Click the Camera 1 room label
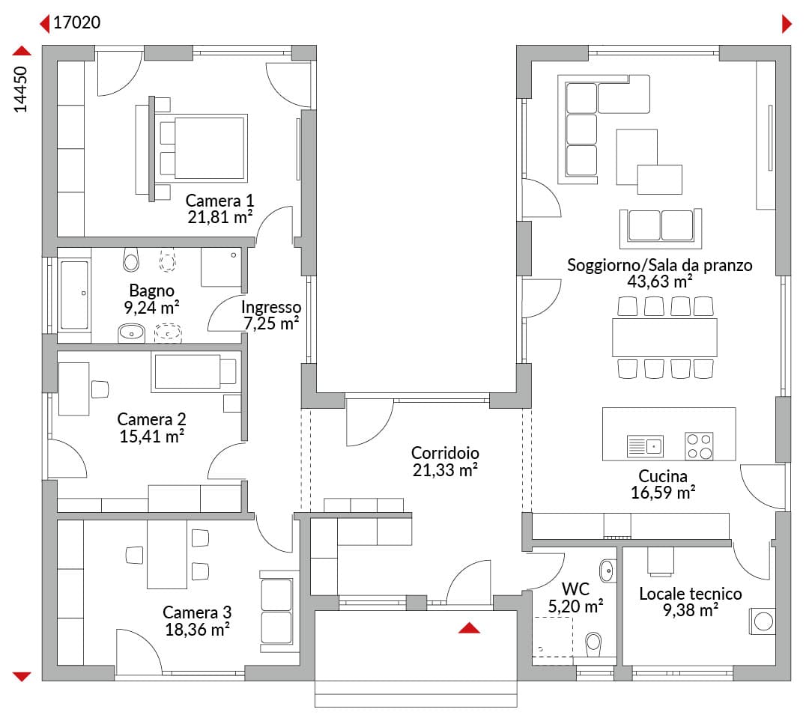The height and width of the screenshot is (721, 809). [219, 200]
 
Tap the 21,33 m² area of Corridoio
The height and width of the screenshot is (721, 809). [445, 470]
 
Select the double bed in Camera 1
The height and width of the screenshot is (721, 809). [203, 148]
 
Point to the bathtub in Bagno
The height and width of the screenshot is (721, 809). [74, 294]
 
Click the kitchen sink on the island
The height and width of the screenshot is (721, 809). [645, 445]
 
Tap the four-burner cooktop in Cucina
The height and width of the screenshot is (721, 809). [699, 446]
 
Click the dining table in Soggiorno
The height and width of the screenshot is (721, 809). [664, 338]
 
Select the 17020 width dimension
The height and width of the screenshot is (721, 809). [77, 22]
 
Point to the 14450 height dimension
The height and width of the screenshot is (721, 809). [20, 89]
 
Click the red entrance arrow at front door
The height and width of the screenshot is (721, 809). [469, 627]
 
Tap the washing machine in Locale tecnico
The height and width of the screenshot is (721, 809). [763, 621]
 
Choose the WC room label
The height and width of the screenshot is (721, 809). [575, 589]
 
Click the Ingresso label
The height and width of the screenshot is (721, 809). [271, 307]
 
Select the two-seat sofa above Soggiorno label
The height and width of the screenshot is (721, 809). [661, 228]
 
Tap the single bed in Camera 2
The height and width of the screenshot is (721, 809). [196, 371]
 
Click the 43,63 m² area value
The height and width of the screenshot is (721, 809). [659, 282]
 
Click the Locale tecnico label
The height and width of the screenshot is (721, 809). [691, 594]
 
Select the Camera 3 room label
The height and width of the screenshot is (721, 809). [197, 612]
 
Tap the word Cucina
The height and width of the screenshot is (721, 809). [663, 475]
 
